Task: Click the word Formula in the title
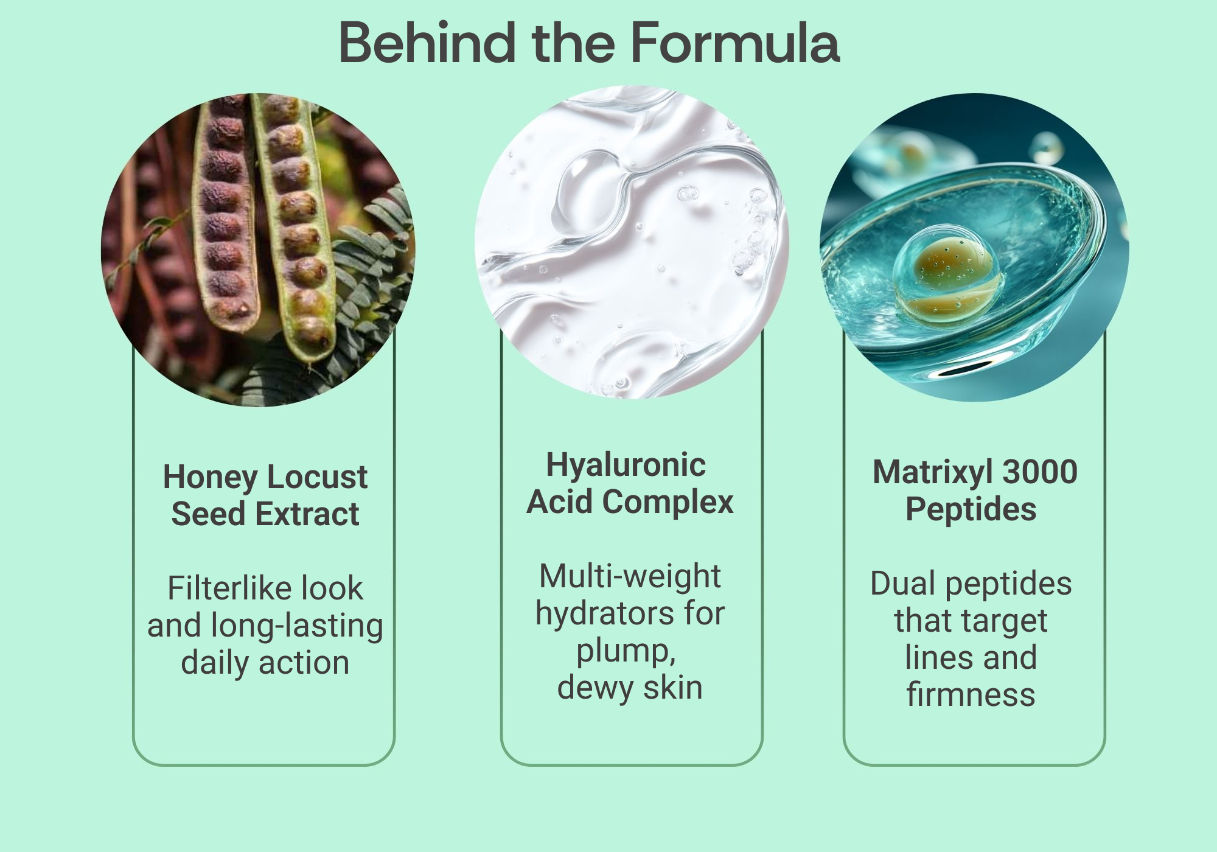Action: [x=734, y=43]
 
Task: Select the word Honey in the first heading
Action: [x=210, y=478]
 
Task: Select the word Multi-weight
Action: [x=630, y=577]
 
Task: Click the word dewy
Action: [x=595, y=688]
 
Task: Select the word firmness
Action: [x=971, y=695]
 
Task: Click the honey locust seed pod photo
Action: [x=258, y=250]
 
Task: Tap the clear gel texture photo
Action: [x=632, y=242]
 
